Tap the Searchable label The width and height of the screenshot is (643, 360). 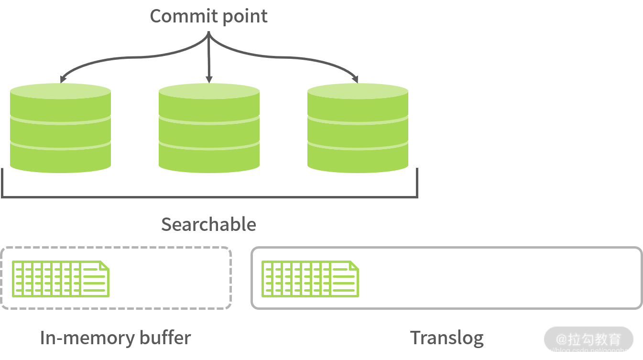(x=208, y=224)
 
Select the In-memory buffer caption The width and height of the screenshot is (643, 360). (x=115, y=338)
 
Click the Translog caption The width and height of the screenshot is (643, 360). (x=447, y=338)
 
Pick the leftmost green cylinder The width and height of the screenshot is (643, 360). (x=60, y=129)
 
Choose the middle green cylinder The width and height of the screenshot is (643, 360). (x=209, y=129)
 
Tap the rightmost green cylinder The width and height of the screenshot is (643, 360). (x=358, y=129)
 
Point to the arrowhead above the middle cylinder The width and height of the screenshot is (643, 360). (x=209, y=79)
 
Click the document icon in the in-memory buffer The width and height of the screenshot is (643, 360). (x=60, y=279)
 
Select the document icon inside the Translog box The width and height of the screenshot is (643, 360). (x=310, y=279)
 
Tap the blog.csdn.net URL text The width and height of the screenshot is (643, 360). (x=585, y=351)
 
